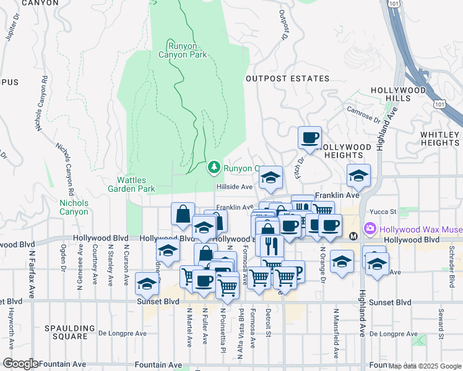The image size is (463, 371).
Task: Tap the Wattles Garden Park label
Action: tap(131, 184)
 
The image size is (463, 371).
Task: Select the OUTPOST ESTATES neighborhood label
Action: tap(287, 79)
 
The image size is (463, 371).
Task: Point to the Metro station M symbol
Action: tap(353, 236)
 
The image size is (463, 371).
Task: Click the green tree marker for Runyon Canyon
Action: tap(214, 167)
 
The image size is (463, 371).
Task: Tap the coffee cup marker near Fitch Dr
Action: tap(309, 138)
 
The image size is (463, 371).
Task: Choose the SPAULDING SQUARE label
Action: tap(70, 332)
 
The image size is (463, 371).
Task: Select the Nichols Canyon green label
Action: tap(74, 207)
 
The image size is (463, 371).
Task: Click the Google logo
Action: tap(20, 364)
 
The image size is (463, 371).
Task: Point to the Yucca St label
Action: tap(380, 210)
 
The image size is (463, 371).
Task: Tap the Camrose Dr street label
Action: tap(364, 114)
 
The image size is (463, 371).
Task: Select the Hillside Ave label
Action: tap(234, 187)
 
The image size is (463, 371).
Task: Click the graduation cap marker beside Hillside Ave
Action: tap(270, 177)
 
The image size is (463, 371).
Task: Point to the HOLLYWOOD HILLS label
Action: tap(399, 94)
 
